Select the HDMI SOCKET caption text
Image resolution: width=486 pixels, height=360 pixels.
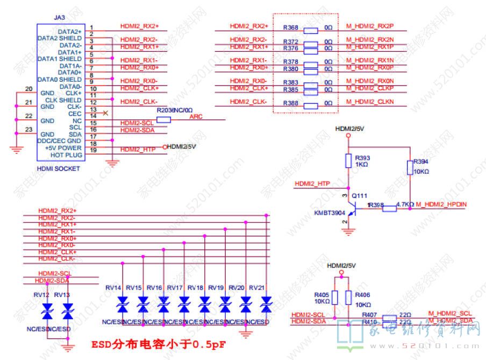(x=58, y=168)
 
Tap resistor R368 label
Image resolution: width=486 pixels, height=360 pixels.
(x=290, y=27)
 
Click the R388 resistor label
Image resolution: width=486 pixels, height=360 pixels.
(x=290, y=103)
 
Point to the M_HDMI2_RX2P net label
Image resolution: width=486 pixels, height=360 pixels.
(x=370, y=26)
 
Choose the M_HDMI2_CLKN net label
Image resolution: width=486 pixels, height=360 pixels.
(x=370, y=102)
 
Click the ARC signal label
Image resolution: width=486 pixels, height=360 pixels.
(x=196, y=117)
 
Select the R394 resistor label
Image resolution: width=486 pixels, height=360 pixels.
(x=421, y=161)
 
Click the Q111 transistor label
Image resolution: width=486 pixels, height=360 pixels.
(x=360, y=196)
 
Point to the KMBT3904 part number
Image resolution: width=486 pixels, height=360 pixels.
(x=329, y=213)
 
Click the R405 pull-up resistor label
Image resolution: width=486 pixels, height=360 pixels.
(x=321, y=295)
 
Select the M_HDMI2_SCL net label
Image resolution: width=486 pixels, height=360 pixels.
(x=450, y=313)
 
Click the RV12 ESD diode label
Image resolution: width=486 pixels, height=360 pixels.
(x=41, y=295)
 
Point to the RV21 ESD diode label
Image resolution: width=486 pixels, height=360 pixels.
(x=257, y=288)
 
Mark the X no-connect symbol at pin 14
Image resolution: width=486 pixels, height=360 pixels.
(x=105, y=113)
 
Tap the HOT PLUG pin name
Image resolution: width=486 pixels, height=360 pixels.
(x=66, y=155)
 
